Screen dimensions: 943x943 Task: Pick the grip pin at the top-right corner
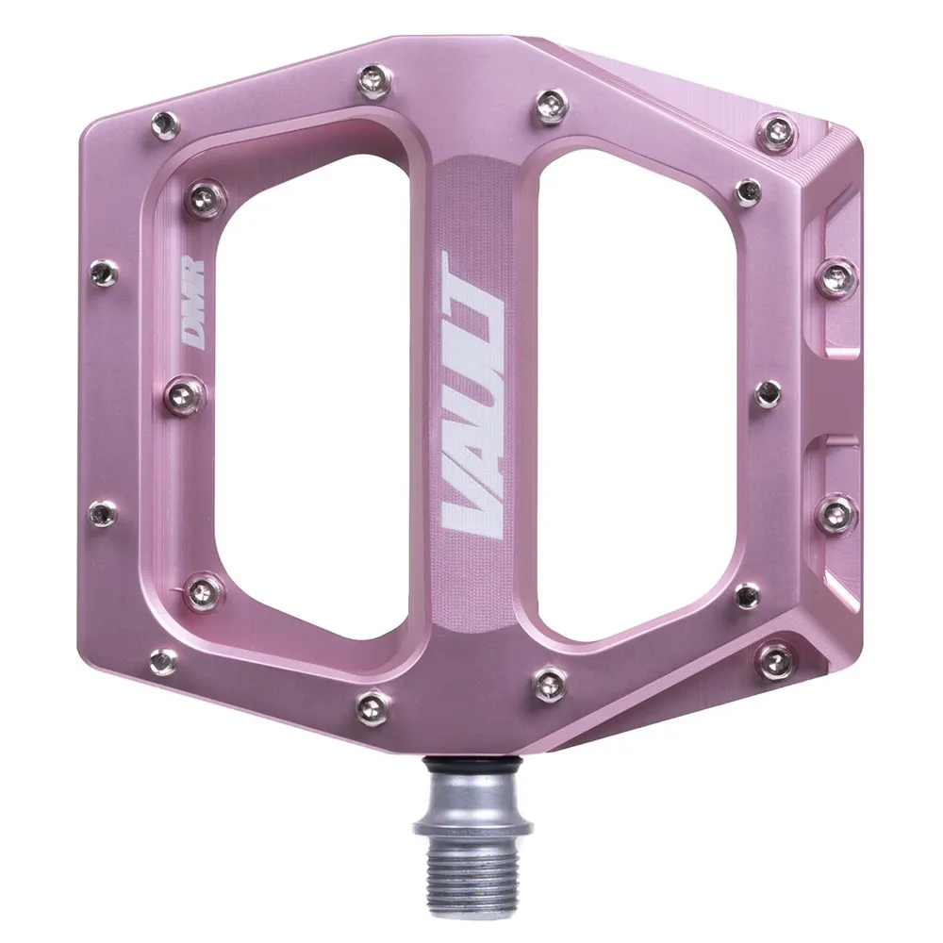pos(778,130)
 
